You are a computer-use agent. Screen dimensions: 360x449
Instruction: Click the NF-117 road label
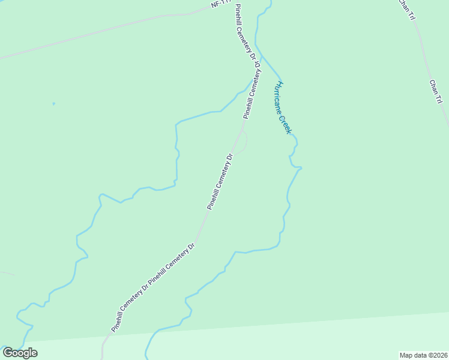point(221,4)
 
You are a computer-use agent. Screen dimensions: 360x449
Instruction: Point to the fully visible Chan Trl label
point(436,92)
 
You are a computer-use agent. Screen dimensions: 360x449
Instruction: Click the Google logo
point(20,353)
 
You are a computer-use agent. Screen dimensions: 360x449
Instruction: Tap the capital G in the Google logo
point(8,353)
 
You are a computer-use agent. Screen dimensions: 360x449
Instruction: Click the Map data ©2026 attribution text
point(424,355)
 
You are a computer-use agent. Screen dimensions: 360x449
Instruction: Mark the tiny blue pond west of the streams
point(53,104)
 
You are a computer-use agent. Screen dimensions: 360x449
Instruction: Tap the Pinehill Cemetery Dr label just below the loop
point(220,181)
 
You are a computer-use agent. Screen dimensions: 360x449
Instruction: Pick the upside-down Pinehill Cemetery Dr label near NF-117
point(247,33)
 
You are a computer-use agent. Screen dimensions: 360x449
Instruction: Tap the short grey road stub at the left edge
point(7,274)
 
